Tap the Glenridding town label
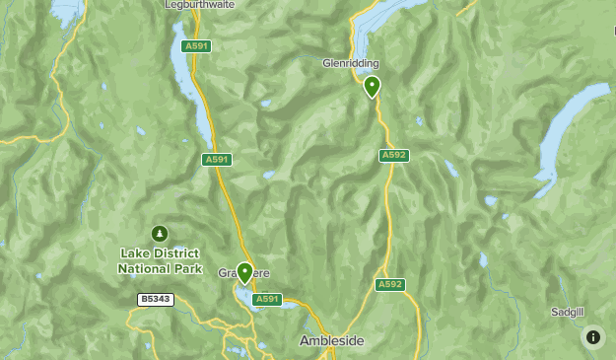[x=351, y=63]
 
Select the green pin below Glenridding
[x=372, y=87]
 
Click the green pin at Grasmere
[x=244, y=272]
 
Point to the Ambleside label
[x=331, y=340]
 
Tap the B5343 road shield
[x=155, y=299]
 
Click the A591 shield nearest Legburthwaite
[x=197, y=45]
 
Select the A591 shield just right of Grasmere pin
[x=267, y=299]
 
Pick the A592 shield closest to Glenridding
[x=394, y=155]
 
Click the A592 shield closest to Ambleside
[x=390, y=285]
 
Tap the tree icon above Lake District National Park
[x=160, y=234]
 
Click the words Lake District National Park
[x=160, y=261]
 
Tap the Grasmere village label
[x=242, y=273]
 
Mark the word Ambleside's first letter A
[x=304, y=340]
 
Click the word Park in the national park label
[x=186, y=268]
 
